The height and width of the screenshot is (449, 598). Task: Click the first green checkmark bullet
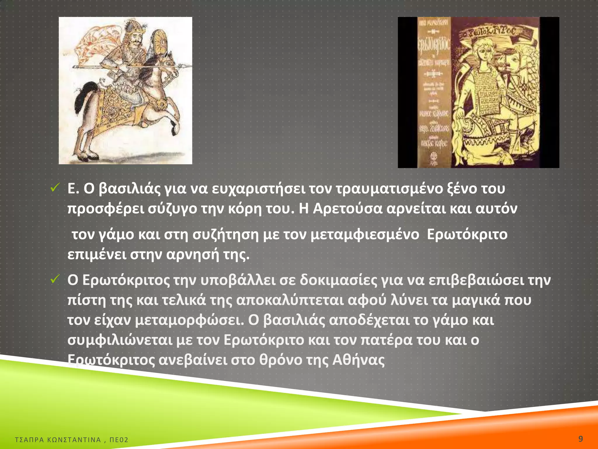coord(55,188)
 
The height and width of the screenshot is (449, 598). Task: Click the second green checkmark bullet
coord(55,279)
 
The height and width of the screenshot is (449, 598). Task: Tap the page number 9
coord(580,438)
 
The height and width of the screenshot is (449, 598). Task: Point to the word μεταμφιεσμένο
coord(365,234)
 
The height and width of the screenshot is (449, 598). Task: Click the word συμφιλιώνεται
coord(120,340)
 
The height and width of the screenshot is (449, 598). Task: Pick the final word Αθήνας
coord(359,360)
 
